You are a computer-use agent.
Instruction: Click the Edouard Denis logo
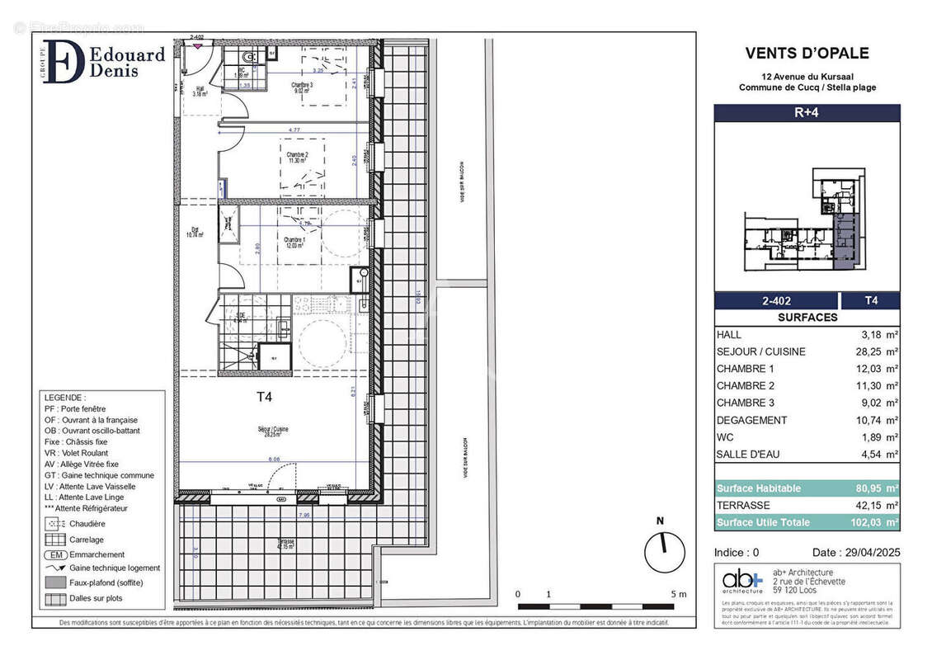(103, 62)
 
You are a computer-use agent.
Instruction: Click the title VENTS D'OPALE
(807, 54)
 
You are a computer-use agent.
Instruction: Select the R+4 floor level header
(806, 114)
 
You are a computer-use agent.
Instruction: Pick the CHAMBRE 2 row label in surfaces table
(746, 386)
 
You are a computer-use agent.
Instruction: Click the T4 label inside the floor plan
(264, 397)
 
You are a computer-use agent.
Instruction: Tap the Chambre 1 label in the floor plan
(298, 241)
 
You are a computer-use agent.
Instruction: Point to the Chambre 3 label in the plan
(302, 87)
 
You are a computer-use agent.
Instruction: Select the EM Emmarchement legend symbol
(55, 554)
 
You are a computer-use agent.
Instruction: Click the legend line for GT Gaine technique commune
(99, 475)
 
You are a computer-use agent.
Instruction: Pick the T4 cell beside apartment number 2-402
(870, 301)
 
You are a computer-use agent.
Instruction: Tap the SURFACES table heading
(807, 318)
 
